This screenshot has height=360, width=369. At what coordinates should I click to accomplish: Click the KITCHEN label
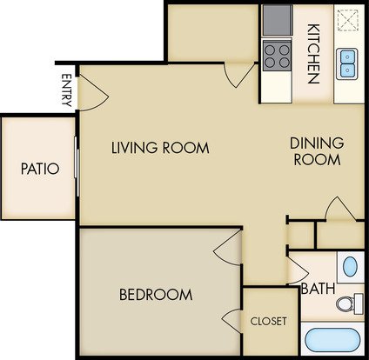pyautogui.click(x=313, y=54)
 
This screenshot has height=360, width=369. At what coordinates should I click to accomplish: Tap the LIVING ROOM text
pyautogui.click(x=160, y=148)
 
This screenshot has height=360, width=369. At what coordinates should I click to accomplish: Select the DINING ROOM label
pyautogui.click(x=317, y=151)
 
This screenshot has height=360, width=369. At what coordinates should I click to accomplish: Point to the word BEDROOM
pyautogui.click(x=156, y=295)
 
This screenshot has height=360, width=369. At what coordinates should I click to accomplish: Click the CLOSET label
pyautogui.click(x=269, y=321)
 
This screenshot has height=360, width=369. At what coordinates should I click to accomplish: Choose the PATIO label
pyautogui.click(x=40, y=169)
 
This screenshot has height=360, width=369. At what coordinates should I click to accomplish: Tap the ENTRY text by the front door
pyautogui.click(x=67, y=90)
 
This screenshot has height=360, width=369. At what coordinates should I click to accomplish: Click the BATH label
pyautogui.click(x=319, y=289)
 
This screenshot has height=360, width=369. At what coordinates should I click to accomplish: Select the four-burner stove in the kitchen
pyautogui.click(x=277, y=56)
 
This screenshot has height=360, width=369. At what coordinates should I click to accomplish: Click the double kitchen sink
pyautogui.click(x=347, y=64)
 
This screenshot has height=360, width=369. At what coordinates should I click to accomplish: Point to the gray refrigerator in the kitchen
pyautogui.click(x=278, y=20)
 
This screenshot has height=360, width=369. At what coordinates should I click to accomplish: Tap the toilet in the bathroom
pyautogui.click(x=350, y=303)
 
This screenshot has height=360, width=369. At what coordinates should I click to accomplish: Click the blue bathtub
pyautogui.click(x=332, y=341)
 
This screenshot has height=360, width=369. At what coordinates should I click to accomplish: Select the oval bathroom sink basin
pyautogui.click(x=350, y=266)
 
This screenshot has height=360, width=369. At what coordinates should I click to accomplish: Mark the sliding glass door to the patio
pyautogui.click(x=77, y=167)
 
